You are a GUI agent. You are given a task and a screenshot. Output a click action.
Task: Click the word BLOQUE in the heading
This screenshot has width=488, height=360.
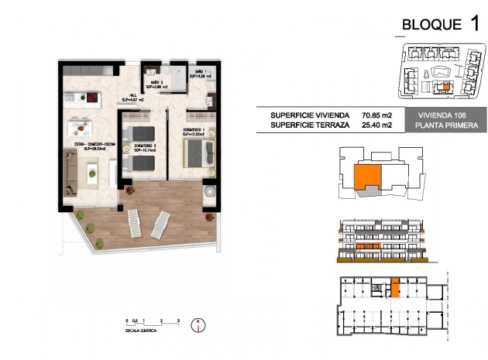(432, 25)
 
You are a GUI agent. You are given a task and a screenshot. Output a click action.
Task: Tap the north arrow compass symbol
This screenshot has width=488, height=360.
(198, 324)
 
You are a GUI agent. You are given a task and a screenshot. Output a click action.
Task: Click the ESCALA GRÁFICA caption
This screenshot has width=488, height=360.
(146, 330)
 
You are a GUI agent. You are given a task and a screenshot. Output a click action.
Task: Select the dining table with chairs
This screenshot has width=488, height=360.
(77, 128)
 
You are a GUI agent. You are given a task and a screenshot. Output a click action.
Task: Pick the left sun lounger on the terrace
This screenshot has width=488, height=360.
(139, 225)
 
